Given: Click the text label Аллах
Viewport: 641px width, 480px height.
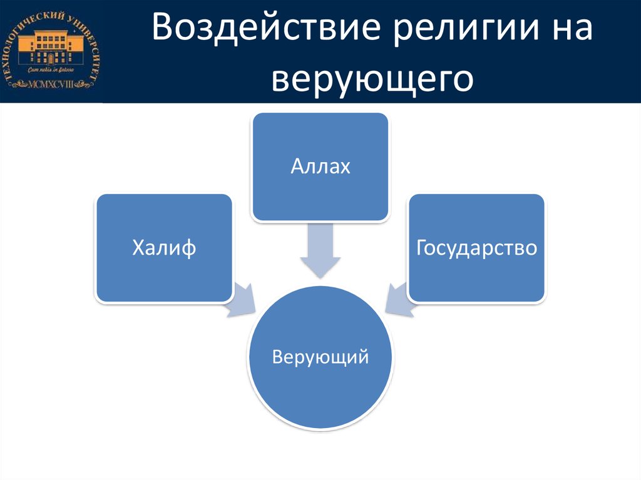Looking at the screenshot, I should [x=320, y=167].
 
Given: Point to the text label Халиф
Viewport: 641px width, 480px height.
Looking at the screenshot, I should [x=164, y=248].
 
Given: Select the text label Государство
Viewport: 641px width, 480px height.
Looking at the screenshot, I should [x=476, y=248].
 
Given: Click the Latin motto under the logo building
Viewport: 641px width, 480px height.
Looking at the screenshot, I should [x=51, y=71].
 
